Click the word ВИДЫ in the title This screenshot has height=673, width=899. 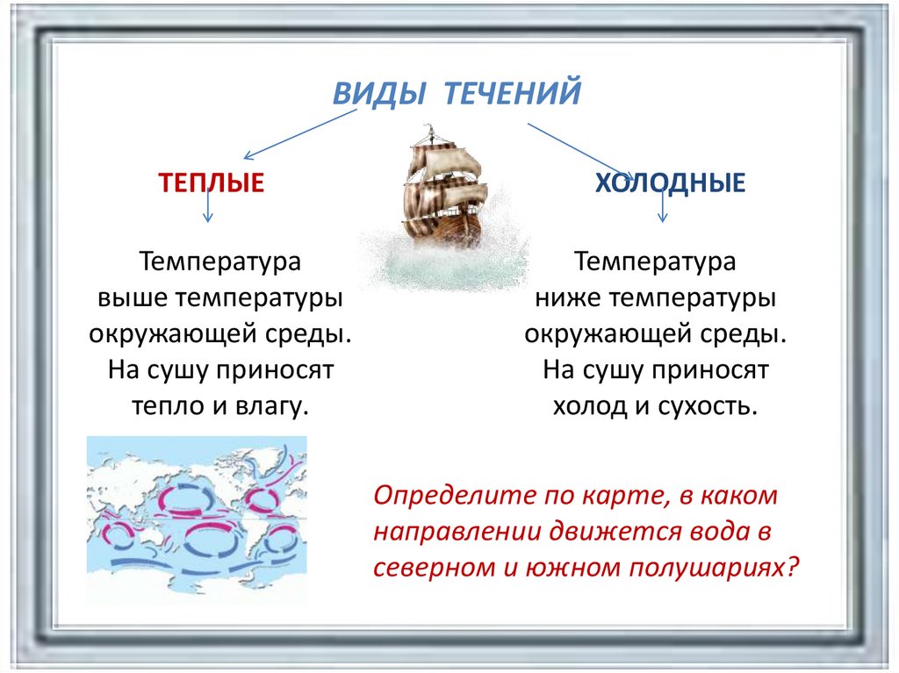pyautogui.click(x=379, y=93)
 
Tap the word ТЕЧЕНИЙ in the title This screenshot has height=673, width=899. pyautogui.click(x=513, y=93)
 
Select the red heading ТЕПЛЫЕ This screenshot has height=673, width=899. pyautogui.click(x=211, y=183)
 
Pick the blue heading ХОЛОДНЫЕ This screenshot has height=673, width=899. pyautogui.click(x=670, y=183)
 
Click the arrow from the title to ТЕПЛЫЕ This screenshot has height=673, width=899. pyautogui.click(x=300, y=134)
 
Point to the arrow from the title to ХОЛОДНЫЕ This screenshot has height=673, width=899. pyautogui.click(x=581, y=152)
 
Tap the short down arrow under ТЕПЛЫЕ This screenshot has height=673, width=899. pyautogui.click(x=208, y=204)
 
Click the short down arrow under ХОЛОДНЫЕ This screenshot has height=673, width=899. pyautogui.click(x=663, y=204)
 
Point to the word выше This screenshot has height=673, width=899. pyautogui.click(x=133, y=298)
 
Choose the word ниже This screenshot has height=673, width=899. pyautogui.click(x=568, y=298)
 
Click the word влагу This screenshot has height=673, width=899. pyautogui.click(x=272, y=407)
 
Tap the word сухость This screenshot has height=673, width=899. pyautogui.click(x=708, y=406)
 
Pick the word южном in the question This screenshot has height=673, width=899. pyautogui.click(x=572, y=568)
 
